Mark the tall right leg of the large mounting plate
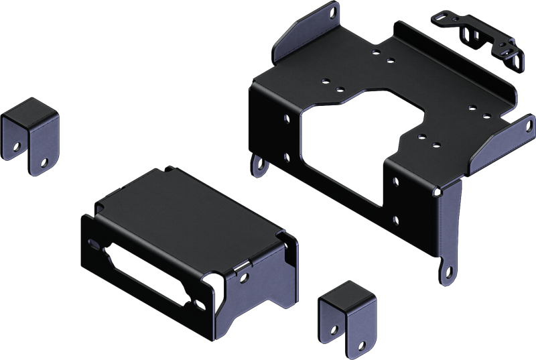[x=450, y=221]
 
